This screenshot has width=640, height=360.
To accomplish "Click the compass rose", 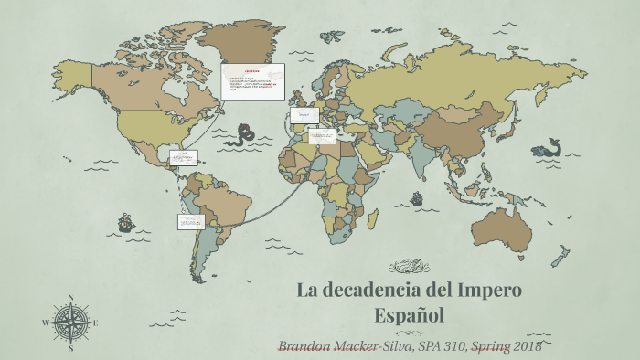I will click(x=70, y=322).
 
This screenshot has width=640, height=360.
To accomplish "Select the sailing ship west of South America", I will click(x=126, y=222).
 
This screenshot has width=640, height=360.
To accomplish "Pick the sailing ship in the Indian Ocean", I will click(x=417, y=197).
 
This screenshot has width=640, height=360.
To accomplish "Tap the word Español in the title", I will click(x=409, y=315).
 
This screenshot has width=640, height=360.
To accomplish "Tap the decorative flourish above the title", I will click(x=409, y=267).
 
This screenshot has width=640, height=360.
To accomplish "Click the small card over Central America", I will click(x=183, y=156).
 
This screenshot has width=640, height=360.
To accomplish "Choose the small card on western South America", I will click(x=190, y=221).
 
